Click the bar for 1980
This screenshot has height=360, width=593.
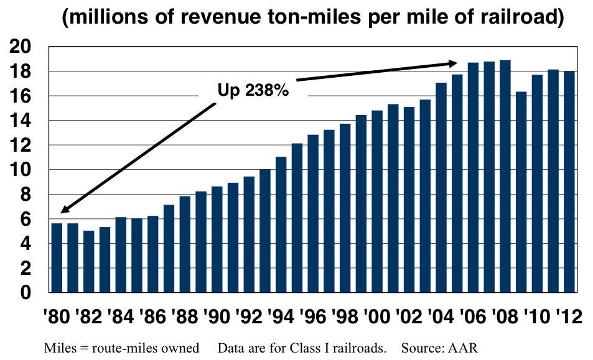[x=57, y=257]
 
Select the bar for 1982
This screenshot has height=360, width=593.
[x=89, y=261]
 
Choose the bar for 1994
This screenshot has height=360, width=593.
[x=281, y=224]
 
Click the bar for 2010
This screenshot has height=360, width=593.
[x=538, y=183]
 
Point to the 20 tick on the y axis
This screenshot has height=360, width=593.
[x=26, y=47]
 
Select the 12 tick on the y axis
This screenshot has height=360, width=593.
[x=26, y=145]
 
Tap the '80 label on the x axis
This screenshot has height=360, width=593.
[x=57, y=316]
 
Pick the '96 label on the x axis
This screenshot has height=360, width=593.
[x=314, y=316]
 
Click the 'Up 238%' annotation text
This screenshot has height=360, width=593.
[x=253, y=91]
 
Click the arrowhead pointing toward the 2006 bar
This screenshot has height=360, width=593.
[x=452, y=63]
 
